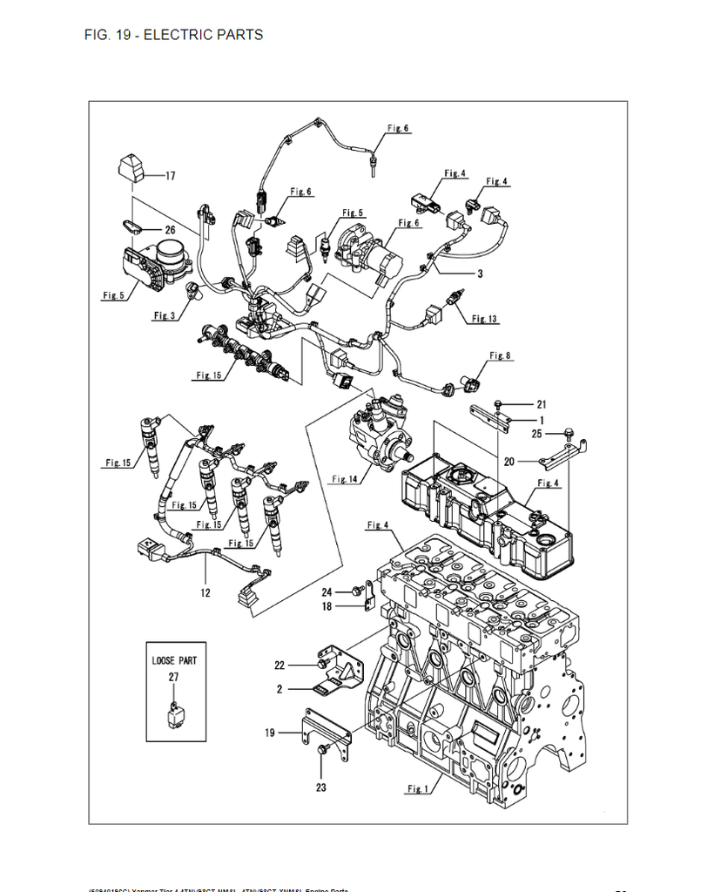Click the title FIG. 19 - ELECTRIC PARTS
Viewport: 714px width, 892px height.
pos(173,35)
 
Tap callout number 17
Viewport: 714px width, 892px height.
pos(170,176)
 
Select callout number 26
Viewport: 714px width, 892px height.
pos(170,230)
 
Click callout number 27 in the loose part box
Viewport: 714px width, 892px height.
pos(173,676)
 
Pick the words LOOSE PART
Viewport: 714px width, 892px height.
pos(174,660)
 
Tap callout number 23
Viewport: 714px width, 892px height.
pos(321,789)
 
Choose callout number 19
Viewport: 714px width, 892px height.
pos(270,733)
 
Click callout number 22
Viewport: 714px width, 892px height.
pos(280,666)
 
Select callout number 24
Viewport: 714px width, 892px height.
pos(327,591)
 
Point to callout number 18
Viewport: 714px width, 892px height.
pos(327,606)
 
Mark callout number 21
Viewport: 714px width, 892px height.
pos(541,404)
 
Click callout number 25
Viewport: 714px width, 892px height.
pos(537,433)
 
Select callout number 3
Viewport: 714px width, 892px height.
pos(479,274)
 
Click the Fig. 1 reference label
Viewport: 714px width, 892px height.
pos(418,789)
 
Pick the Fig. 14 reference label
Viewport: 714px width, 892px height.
pos(345,479)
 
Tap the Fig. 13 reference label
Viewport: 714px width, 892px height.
pos(485,320)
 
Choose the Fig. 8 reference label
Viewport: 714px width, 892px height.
pos(501,355)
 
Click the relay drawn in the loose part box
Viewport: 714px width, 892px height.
pos(174,716)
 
